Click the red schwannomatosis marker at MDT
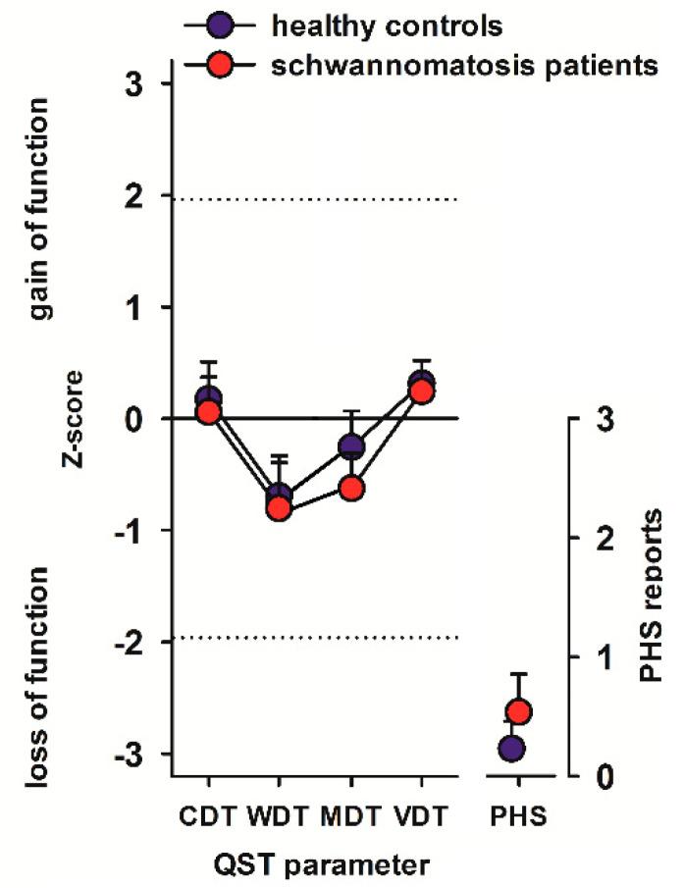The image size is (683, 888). click(351, 488)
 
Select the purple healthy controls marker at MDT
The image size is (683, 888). click(351, 447)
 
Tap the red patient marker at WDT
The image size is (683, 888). click(280, 508)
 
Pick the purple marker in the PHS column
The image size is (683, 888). click(511, 749)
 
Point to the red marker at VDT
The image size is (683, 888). click(421, 392)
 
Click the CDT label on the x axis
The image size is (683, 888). click(209, 816)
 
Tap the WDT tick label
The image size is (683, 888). click(280, 816)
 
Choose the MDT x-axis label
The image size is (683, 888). click(351, 816)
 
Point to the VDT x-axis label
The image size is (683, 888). click(422, 816)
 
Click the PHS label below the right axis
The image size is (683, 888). click(519, 816)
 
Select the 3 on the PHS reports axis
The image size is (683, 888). click(605, 419)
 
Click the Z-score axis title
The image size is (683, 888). click(74, 419)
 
